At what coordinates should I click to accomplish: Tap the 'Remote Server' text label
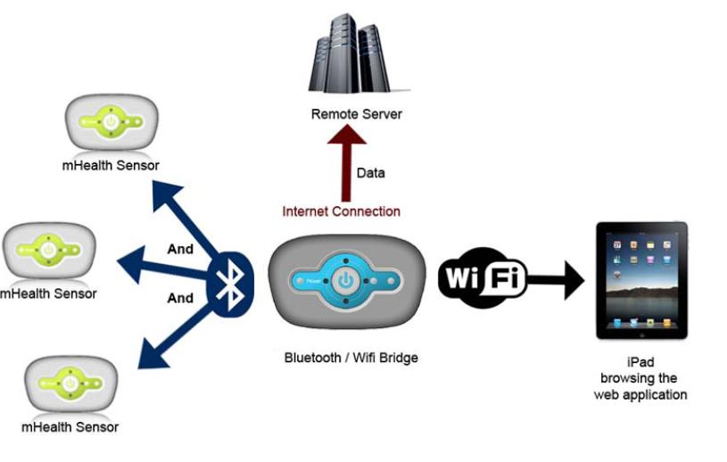pos(356,114)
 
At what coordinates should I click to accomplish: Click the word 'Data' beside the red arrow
pos(370,172)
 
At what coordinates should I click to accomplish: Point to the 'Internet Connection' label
pos(341,211)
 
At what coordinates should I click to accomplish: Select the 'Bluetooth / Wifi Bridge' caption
pos(351,358)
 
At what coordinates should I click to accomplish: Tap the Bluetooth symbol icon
pos(230,285)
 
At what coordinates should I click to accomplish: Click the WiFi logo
pos(483,278)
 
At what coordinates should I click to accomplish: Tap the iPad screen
pos(641,280)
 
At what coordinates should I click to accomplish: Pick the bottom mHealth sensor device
pos(70,383)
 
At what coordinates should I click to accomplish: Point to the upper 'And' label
pos(180,249)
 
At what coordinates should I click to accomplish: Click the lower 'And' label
pos(180,298)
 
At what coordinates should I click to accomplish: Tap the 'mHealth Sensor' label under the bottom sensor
pos(72,426)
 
